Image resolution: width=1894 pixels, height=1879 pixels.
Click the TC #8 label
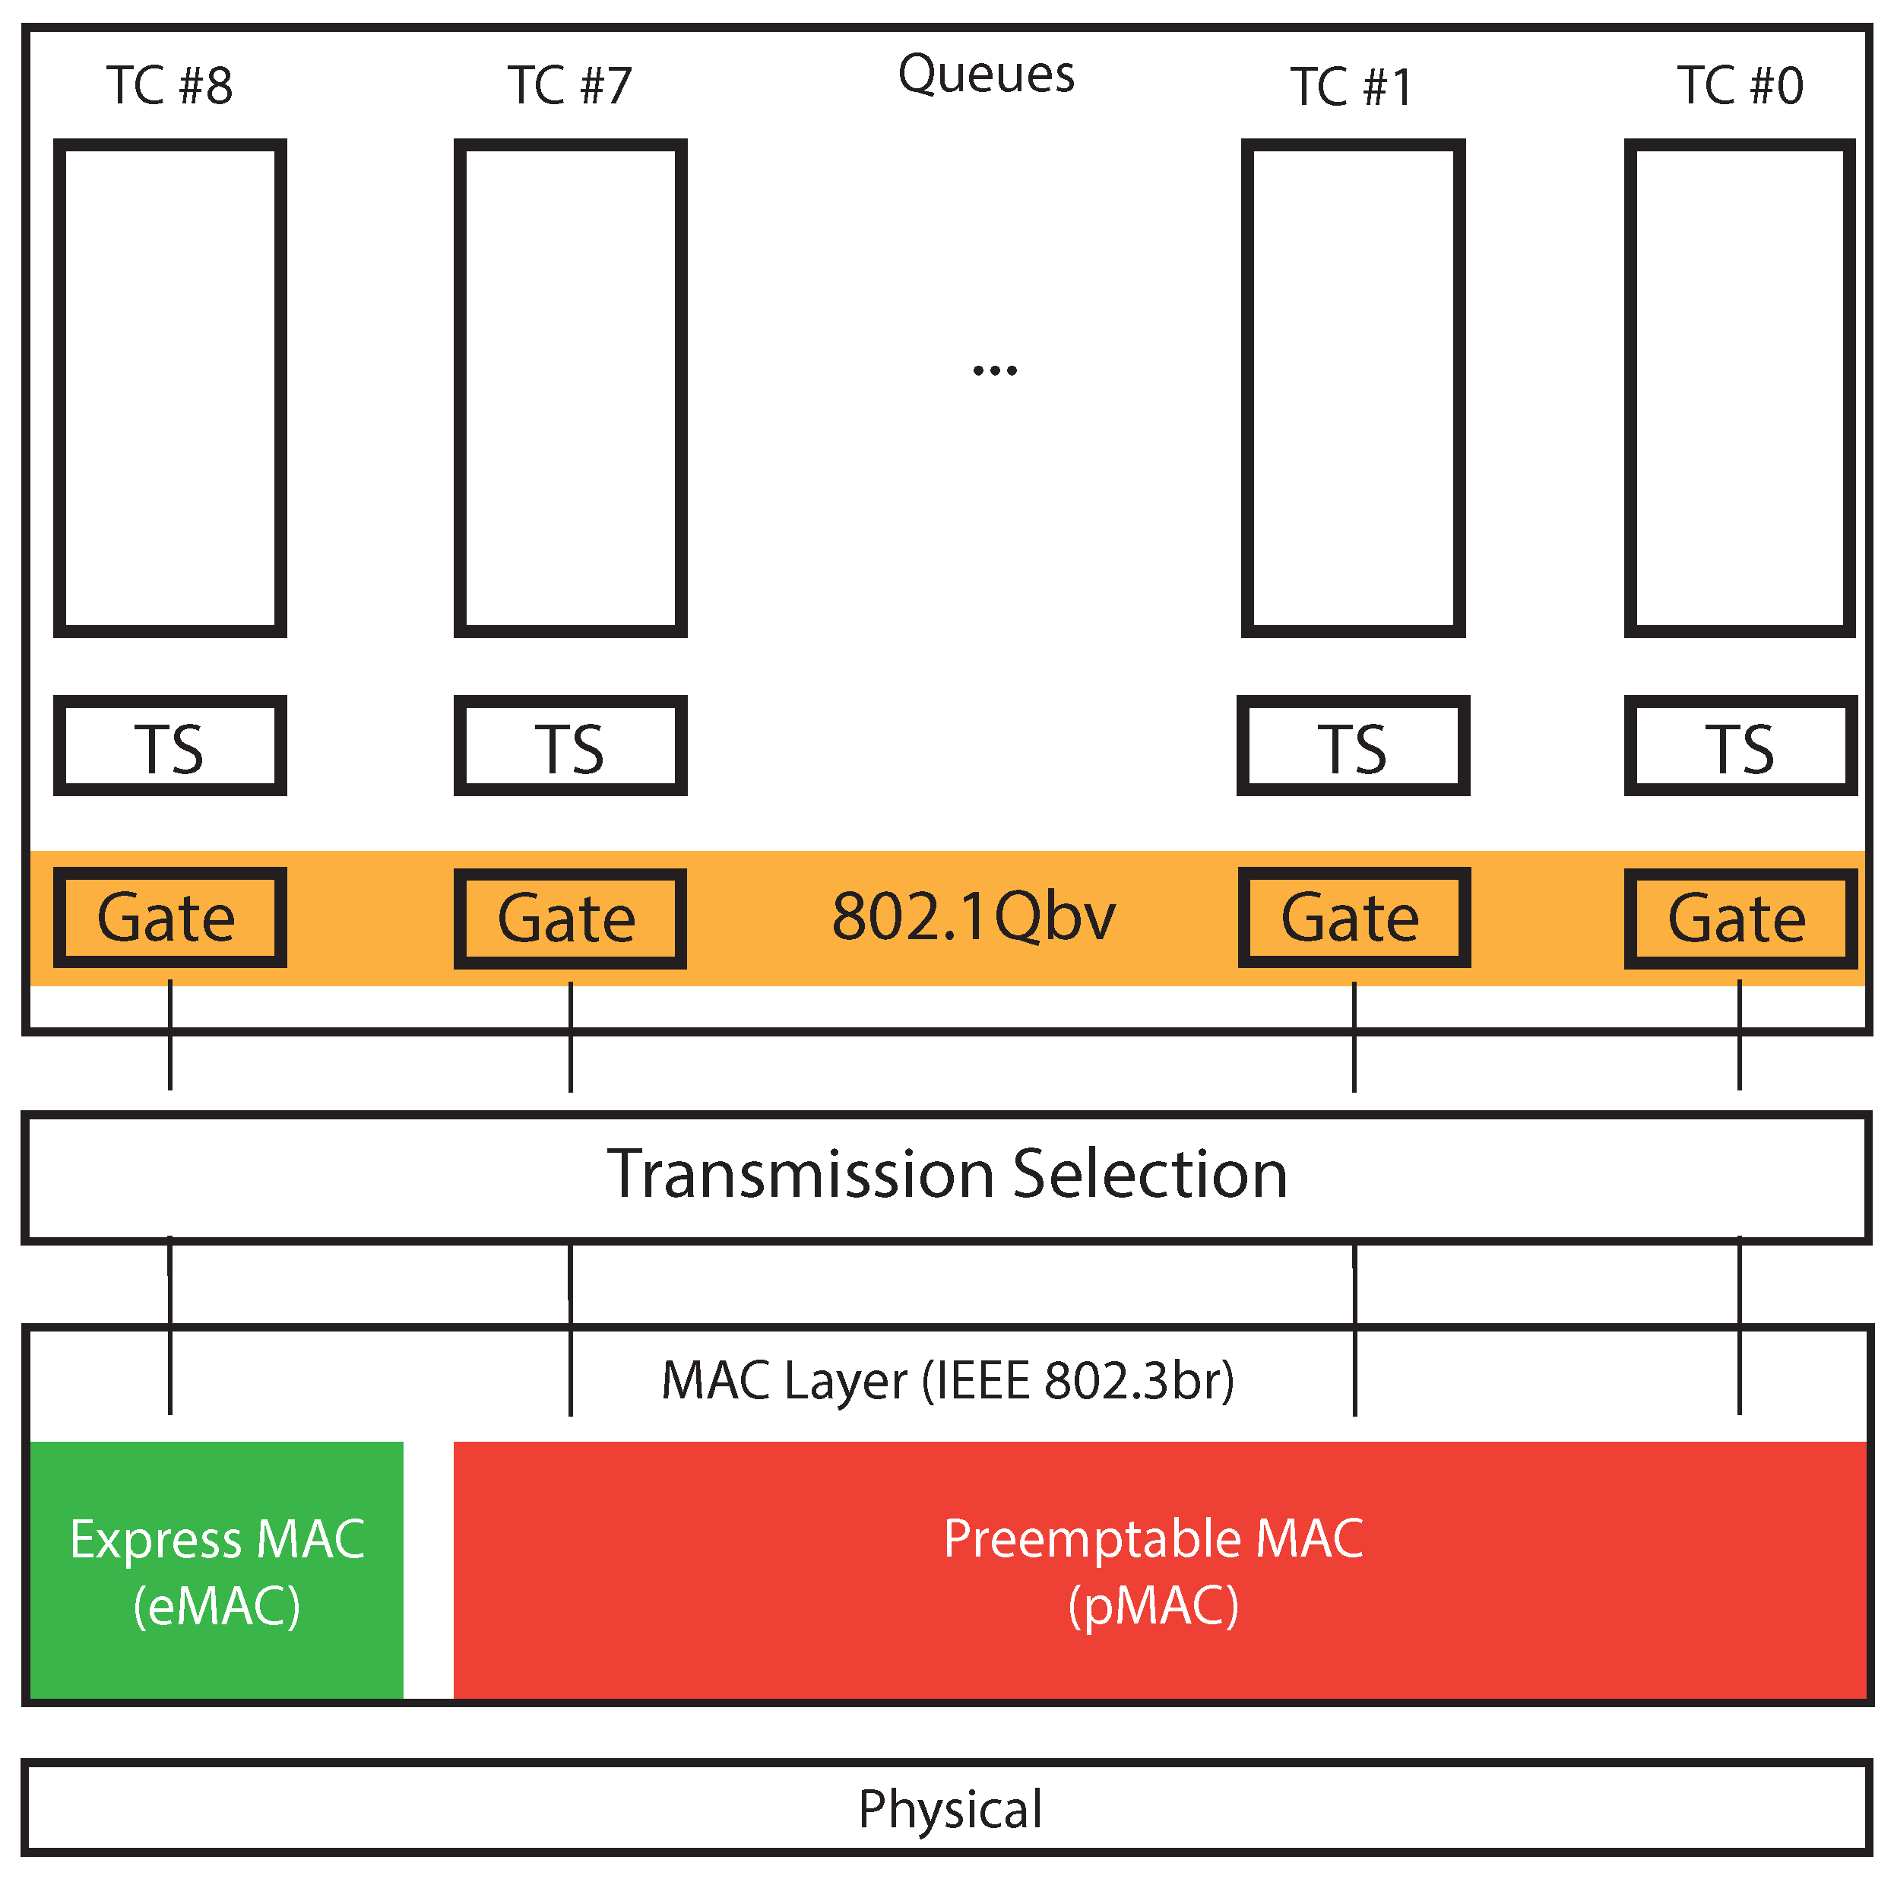pyautogui.click(x=169, y=85)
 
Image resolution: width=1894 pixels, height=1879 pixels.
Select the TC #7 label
pyautogui.click(x=569, y=85)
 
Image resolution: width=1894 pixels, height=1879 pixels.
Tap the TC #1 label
pyautogui.click(x=1351, y=87)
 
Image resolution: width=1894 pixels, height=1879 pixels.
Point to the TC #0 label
pyautogui.click(x=1739, y=85)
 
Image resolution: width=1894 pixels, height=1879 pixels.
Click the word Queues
pyautogui.click(x=987, y=75)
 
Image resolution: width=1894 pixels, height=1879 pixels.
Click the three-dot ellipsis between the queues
pyautogui.click(x=994, y=370)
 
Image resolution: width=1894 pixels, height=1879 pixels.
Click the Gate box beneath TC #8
pyautogui.click(x=169, y=918)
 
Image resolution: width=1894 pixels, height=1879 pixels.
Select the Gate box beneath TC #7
pyautogui.click(x=569, y=919)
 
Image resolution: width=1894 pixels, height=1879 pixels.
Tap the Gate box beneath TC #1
pyautogui.click(x=1354, y=918)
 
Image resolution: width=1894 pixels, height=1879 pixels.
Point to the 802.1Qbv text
pyautogui.click(x=974, y=917)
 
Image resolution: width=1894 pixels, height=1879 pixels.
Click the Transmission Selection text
pyautogui.click(x=947, y=1174)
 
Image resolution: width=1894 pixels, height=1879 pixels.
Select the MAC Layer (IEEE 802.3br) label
pyautogui.click(x=947, y=1381)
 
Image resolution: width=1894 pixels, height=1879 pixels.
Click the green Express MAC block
pyautogui.click(x=217, y=1571)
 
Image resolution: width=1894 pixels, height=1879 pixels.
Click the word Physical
pyautogui.click(x=950, y=1809)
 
